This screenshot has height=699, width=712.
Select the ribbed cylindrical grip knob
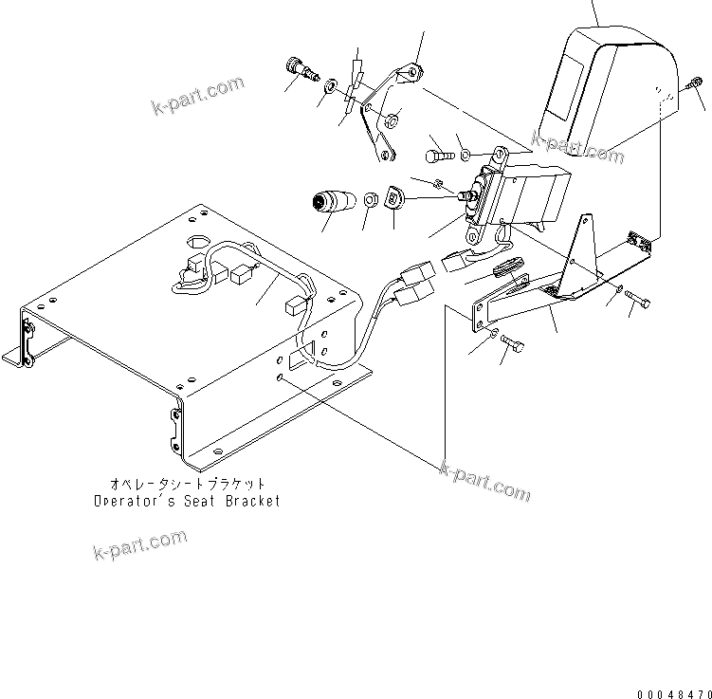[332, 203]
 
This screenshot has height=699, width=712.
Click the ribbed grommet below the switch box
[511, 269]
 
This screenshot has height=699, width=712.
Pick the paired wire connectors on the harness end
[416, 285]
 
